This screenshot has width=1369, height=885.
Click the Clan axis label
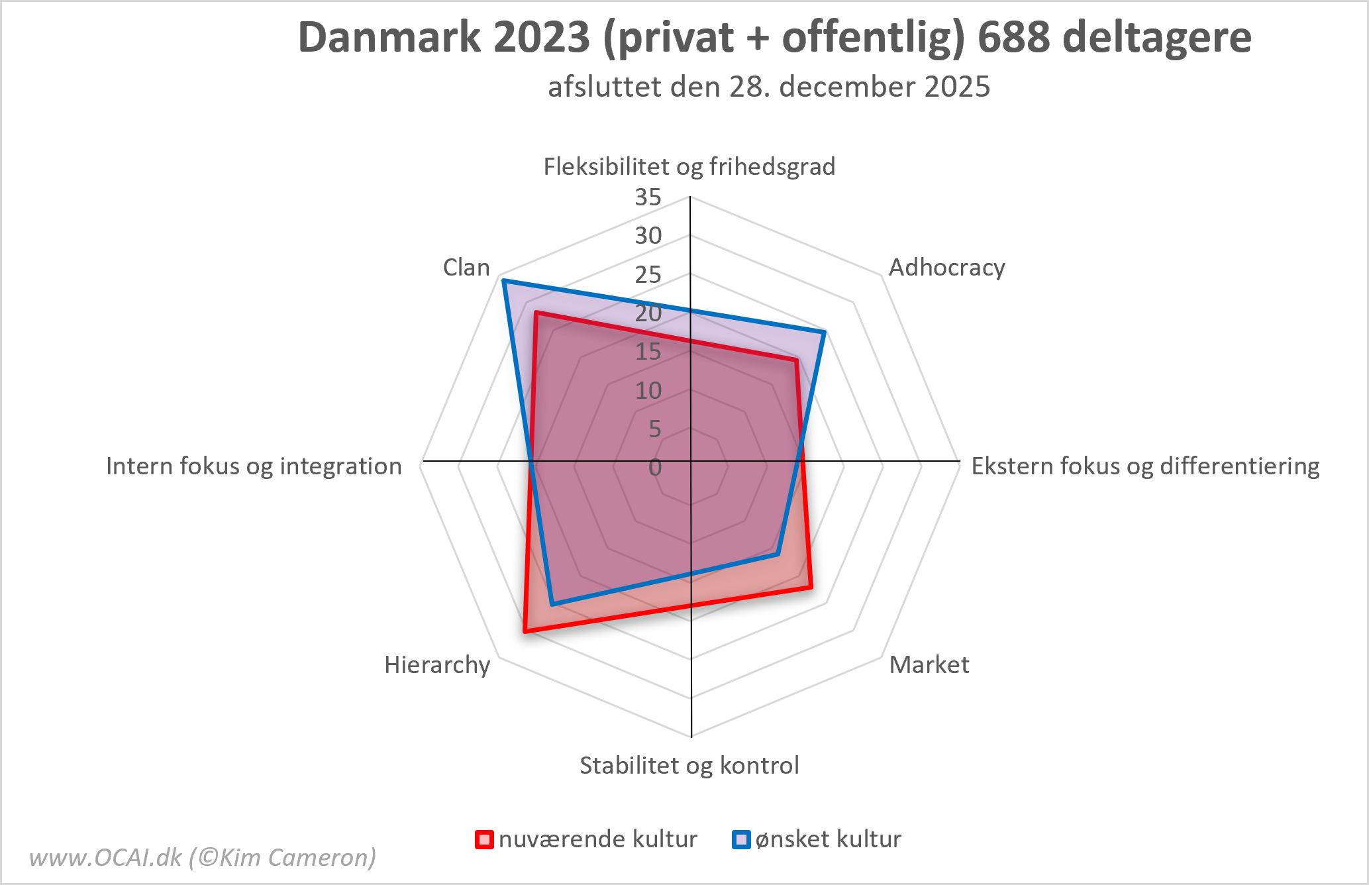click(x=466, y=268)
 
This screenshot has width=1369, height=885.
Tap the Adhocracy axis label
click(x=946, y=268)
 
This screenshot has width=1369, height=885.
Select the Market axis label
click(x=929, y=664)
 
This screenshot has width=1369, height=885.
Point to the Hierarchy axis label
click(x=437, y=664)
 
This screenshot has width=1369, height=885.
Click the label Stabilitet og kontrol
click(x=689, y=765)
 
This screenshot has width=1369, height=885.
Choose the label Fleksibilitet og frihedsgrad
click(x=689, y=166)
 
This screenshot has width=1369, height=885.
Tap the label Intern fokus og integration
click(x=254, y=466)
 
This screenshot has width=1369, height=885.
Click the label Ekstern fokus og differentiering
click(x=1145, y=466)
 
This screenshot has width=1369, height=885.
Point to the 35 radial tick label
click(x=648, y=197)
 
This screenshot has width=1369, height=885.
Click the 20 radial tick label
click(x=648, y=313)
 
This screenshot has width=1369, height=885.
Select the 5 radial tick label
click(x=654, y=429)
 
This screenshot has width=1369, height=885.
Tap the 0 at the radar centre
click(x=654, y=467)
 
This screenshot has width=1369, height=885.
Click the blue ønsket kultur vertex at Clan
click(x=504, y=281)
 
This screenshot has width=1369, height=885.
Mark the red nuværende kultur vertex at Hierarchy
click(x=525, y=631)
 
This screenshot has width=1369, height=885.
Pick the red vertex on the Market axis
click(x=810, y=587)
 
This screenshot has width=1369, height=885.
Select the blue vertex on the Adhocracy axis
click(x=824, y=332)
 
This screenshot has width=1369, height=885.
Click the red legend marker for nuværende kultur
click(x=485, y=839)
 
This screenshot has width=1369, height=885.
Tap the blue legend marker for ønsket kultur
click(x=741, y=839)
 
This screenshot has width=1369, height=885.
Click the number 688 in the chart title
click(x=1013, y=37)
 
